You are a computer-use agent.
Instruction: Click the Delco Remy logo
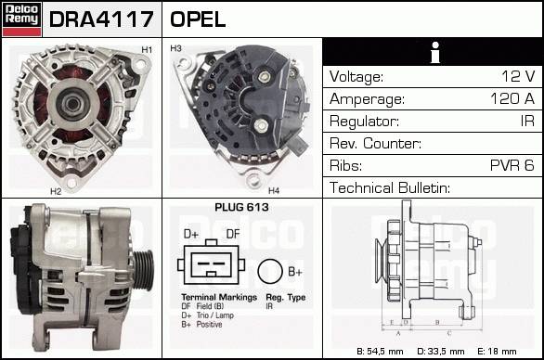coord(21,19)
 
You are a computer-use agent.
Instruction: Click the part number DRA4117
coord(101,19)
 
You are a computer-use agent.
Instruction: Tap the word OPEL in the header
coord(198,19)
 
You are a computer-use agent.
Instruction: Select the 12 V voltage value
coord(518,76)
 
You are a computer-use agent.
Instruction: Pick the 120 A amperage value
coord(512,98)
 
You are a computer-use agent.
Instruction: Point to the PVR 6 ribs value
coord(512,165)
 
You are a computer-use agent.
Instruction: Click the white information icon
coord(435,52)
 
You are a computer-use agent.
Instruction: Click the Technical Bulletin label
coord(390,187)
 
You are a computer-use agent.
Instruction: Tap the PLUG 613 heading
coord(241,208)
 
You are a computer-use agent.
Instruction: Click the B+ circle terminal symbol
coord(270,272)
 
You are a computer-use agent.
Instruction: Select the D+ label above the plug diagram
coord(191,234)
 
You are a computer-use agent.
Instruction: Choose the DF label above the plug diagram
coord(233,234)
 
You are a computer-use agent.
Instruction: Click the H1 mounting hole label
coord(147,50)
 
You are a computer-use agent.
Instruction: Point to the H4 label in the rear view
coord(274,190)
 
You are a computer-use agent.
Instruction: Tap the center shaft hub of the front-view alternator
coord(72,104)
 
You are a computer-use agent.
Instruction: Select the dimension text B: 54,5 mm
coord(380,352)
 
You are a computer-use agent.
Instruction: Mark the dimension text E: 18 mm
coord(497,352)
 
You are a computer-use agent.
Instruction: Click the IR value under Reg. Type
coord(269,306)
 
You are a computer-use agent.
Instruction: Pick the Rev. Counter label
coord(375,143)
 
